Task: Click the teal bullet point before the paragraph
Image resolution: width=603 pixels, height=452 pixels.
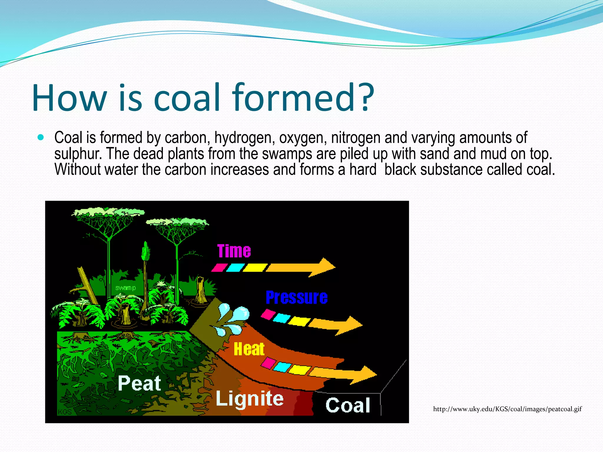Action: coord(41,137)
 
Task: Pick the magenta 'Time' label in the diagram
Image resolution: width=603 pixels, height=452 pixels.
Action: coord(234,251)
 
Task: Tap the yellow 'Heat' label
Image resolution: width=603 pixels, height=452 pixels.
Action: coord(249,349)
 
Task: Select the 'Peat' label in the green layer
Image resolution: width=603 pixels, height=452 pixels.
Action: coord(139,383)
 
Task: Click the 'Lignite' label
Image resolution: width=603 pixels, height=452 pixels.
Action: coord(250,398)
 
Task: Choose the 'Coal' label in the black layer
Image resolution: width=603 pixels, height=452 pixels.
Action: coord(348,406)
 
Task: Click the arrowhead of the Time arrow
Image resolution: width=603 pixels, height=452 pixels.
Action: coord(324,267)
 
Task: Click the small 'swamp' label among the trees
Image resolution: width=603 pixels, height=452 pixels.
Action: coord(125,288)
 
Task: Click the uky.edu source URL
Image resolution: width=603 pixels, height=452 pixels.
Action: coord(507,409)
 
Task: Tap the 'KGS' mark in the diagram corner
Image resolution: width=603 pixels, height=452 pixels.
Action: coord(64,412)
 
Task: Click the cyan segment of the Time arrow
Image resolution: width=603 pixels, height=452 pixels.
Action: coord(235,267)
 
